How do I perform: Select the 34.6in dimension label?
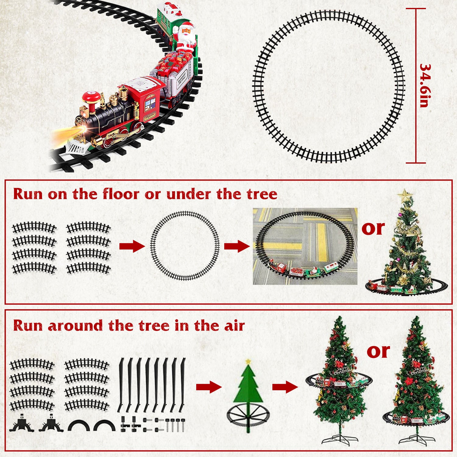pos(424,85)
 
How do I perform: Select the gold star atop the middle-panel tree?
pos(405,194)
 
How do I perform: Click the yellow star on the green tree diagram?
pos(248,361)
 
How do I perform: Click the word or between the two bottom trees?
pos(378,351)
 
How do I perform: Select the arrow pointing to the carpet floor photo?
pos(236,246)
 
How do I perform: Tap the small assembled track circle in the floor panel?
pos(185,246)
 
